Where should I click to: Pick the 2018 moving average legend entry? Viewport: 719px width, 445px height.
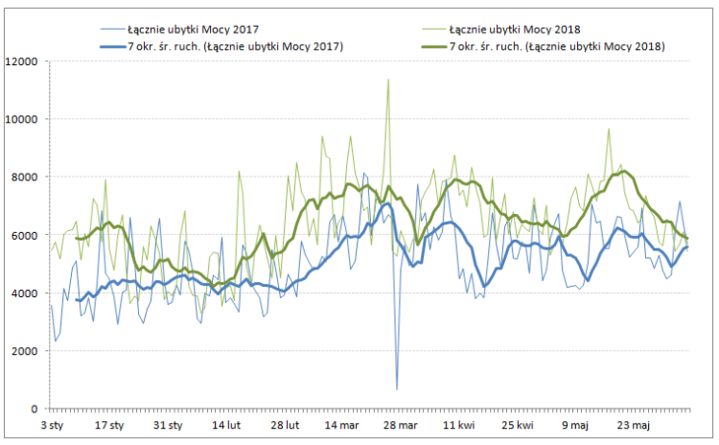tap(557, 46)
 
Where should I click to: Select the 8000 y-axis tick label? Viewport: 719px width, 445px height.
tap(24, 177)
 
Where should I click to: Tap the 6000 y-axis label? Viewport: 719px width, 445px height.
tap(24, 235)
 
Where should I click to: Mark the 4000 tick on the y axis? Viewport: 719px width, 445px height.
tap(24, 293)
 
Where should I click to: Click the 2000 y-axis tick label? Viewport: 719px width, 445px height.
tap(24, 351)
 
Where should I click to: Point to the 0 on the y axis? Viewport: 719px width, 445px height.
tap(34, 409)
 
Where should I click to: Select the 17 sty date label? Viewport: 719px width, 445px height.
tap(110, 424)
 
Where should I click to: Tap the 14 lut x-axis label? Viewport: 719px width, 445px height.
tap(226, 424)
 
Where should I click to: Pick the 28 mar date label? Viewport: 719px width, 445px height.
tap(401, 424)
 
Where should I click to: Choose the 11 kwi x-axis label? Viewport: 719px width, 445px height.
tap(459, 424)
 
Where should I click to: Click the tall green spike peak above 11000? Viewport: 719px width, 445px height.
tap(388, 80)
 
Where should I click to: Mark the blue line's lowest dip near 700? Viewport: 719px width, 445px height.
tap(397, 388)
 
